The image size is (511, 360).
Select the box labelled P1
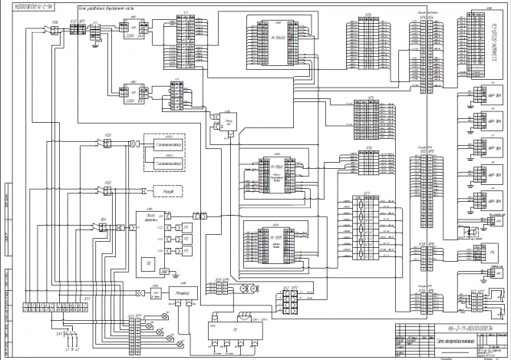pos(185,228)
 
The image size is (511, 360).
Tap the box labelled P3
pos(185,251)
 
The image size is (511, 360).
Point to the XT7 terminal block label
pos(367,193)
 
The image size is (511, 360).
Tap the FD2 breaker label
pos(108,183)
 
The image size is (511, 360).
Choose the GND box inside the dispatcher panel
pos(163,270)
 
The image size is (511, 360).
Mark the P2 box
pos(185,239)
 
